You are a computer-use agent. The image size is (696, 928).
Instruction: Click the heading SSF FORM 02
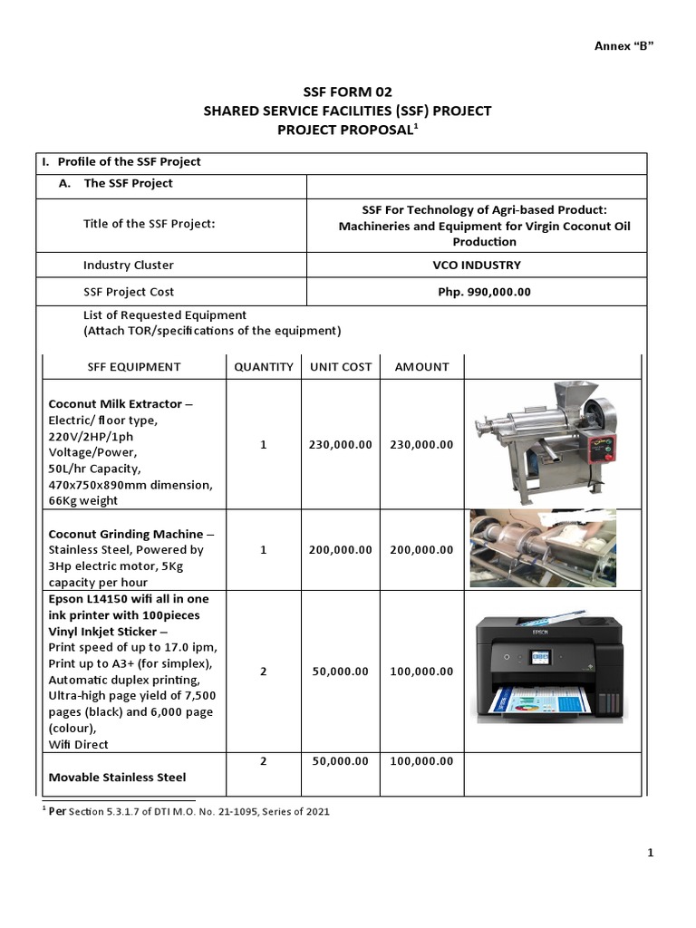pyautogui.click(x=348, y=92)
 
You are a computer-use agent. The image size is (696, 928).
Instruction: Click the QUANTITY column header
pyautogui.click(x=264, y=367)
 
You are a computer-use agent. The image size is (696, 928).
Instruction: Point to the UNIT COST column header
pyautogui.click(x=341, y=367)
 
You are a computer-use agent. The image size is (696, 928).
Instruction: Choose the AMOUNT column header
pyautogui.click(x=421, y=367)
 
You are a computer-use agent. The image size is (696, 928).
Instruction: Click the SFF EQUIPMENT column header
pyautogui.click(x=134, y=367)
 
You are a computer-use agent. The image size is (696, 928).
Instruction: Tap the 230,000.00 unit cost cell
pyautogui.click(x=341, y=445)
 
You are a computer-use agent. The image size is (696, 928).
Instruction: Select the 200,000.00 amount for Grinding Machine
pyautogui.click(x=421, y=550)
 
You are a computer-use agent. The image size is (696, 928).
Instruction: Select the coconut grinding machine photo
pyautogui.click(x=543, y=548)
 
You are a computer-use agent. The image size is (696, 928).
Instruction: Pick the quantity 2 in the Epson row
pyautogui.click(x=264, y=672)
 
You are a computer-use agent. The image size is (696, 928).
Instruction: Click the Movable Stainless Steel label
pyautogui.click(x=117, y=778)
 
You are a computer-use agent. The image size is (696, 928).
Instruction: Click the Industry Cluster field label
pyautogui.click(x=129, y=266)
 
